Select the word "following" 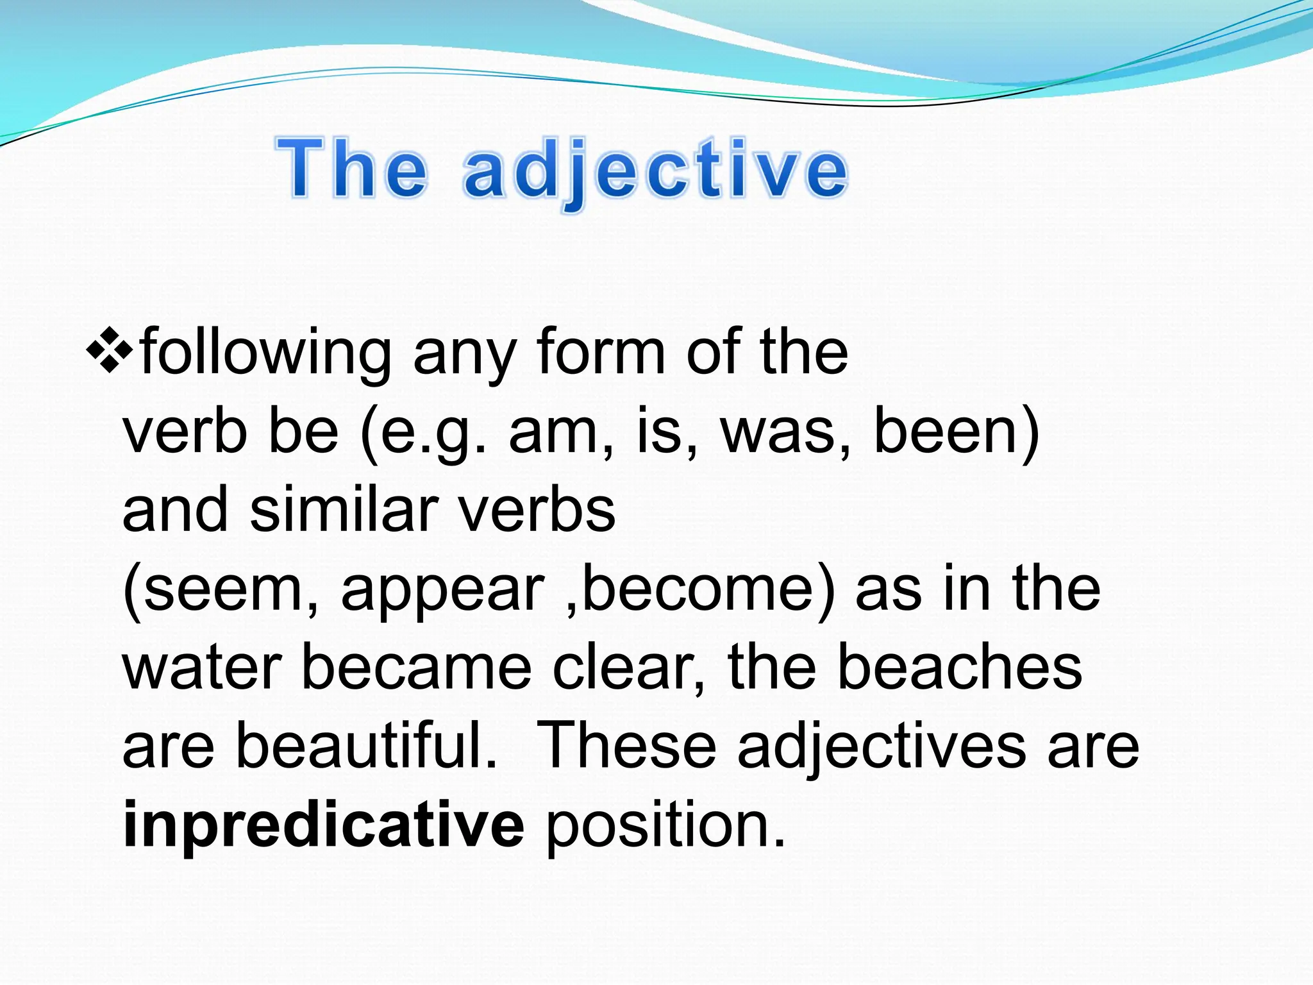[x=266, y=353]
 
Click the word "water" [x=202, y=668]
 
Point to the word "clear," [x=628, y=668]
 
